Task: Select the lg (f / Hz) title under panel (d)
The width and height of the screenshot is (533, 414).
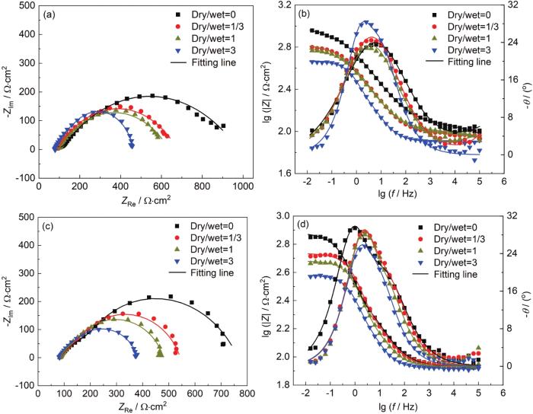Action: pyautogui.click(x=404, y=412)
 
